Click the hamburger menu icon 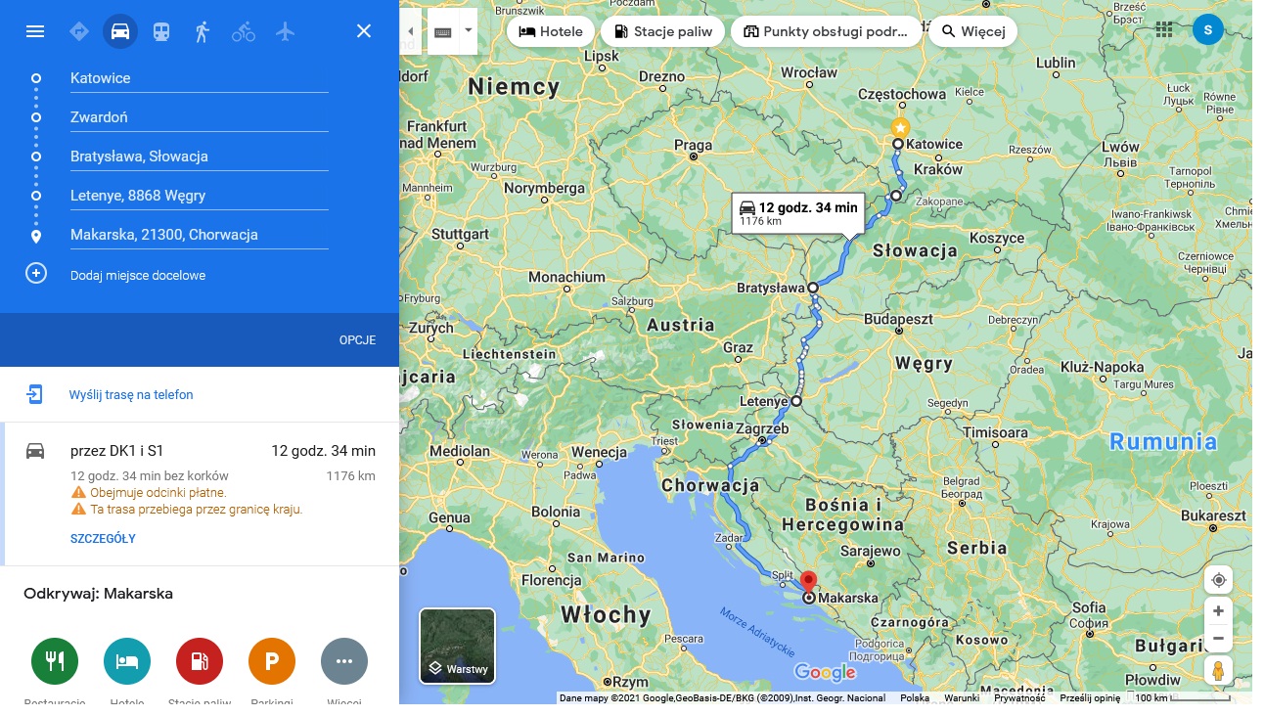coord(35,31)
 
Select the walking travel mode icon coord(203,31)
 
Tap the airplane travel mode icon coord(285,31)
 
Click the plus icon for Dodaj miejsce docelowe coord(36,273)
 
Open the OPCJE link coord(357,340)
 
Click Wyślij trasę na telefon coord(131,395)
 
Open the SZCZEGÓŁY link coord(103,539)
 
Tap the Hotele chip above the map coord(550,31)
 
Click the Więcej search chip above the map coord(972,31)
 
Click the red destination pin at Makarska coord(808,581)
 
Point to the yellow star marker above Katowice coord(900,127)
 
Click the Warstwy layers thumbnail coord(457,645)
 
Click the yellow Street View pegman coord(1218,671)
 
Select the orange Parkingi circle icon coord(272,661)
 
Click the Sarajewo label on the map coord(870,552)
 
